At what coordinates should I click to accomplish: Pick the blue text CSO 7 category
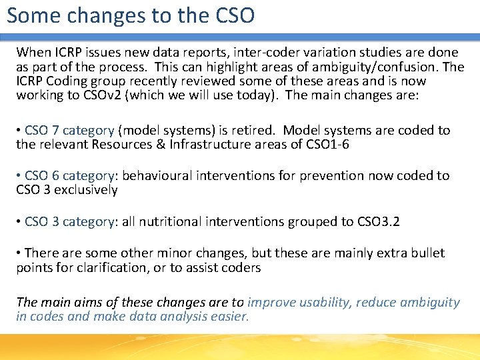click(69, 130)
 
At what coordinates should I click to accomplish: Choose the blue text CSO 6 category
click(69, 175)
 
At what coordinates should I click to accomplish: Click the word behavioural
click(157, 175)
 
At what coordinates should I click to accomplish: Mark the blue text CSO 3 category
click(69, 221)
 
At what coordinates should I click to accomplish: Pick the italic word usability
click(316, 302)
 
